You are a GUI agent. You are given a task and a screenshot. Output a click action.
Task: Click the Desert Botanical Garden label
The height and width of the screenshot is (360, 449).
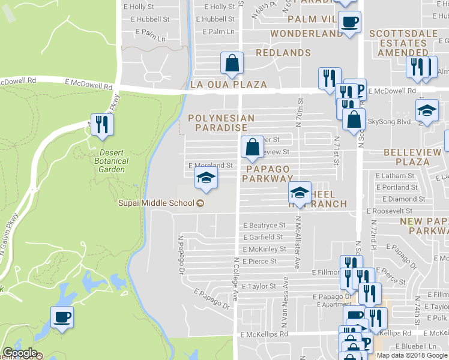[112, 161]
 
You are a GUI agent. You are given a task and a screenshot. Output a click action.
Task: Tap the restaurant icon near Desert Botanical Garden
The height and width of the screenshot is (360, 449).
[102, 124]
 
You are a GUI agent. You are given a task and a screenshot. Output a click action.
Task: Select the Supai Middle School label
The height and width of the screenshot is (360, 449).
[160, 203]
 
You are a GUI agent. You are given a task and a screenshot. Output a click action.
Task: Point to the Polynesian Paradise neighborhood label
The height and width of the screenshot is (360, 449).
[221, 123]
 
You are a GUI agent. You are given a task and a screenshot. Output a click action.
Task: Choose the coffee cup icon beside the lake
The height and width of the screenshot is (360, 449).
[62, 316]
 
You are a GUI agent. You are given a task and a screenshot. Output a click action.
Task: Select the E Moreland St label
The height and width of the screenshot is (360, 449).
[210, 165]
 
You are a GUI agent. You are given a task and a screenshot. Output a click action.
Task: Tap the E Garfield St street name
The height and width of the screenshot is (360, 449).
[263, 238]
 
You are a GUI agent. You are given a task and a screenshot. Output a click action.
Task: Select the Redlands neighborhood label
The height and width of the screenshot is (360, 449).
[283, 53]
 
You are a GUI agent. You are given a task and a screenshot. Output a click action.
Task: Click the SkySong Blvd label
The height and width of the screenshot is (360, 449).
[388, 121]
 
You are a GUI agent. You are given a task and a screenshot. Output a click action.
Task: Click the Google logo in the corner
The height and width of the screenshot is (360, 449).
[20, 353]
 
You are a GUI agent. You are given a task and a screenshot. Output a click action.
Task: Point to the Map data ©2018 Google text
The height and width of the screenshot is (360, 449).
[412, 355]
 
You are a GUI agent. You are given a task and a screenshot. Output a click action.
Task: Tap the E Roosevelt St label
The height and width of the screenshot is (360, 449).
[390, 211]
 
